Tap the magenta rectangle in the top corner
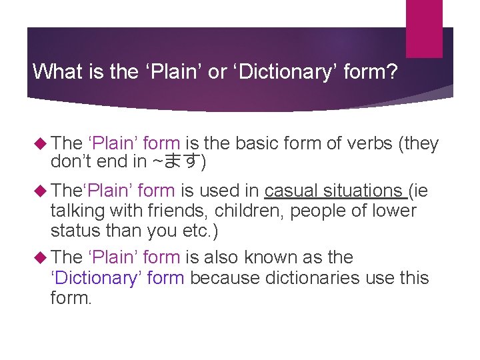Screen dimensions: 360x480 point(424,29)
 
